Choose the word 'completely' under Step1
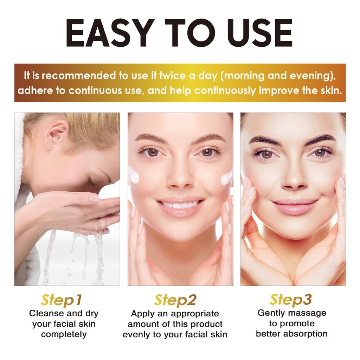[64, 334]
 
